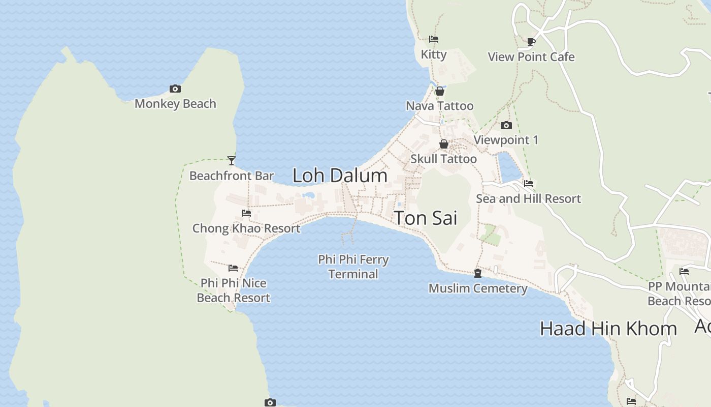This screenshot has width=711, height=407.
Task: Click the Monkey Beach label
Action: [175, 104]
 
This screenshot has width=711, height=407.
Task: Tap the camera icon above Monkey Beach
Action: [175, 89]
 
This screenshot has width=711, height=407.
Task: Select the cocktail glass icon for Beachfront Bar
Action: [232, 161]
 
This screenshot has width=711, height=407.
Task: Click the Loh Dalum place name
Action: [340, 176]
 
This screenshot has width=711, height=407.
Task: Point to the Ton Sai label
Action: [426, 218]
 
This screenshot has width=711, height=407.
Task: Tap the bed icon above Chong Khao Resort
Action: [246, 213]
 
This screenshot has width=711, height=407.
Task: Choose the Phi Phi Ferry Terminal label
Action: [353, 267]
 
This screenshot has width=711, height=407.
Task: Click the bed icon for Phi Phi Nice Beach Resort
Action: [233, 268]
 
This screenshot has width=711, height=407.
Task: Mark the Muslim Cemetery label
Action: [478, 288]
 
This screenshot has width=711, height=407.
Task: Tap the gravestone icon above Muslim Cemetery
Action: [478, 273]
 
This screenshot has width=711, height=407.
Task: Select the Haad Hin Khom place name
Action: [608, 329]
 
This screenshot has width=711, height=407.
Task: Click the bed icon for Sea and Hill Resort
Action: [529, 184]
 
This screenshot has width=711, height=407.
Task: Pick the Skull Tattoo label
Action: [443, 159]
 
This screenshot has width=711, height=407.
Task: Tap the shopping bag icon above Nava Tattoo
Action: [440, 91]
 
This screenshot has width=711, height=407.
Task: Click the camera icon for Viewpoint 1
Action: [506, 125]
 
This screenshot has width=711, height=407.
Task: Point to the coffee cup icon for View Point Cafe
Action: [531, 42]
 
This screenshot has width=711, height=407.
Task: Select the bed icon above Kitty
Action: [434, 39]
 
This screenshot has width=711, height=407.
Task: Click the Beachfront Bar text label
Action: [232, 176]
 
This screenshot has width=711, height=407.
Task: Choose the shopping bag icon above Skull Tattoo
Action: [444, 144]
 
